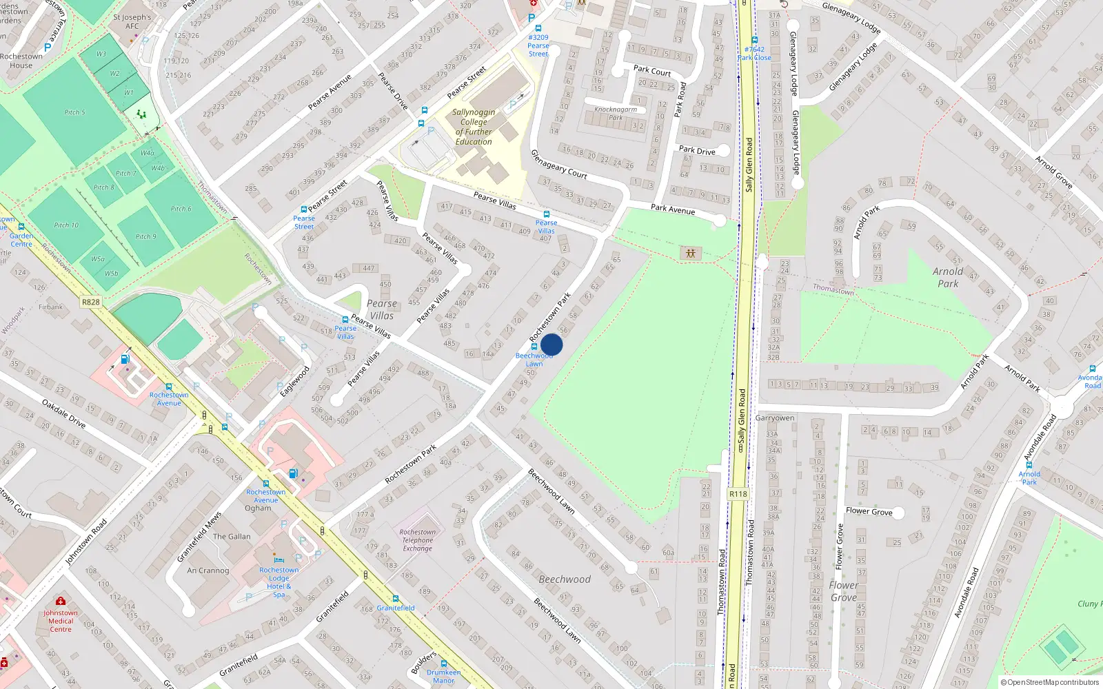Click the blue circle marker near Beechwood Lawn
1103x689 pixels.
coord(551,344)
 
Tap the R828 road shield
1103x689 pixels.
coord(90,302)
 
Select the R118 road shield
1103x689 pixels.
coord(738,494)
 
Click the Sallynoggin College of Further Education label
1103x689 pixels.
coord(474,127)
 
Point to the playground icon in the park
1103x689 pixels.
coord(690,254)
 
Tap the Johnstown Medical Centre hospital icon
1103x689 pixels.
coord(61,601)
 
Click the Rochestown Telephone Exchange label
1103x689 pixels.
coord(417,540)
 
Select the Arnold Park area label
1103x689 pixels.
coord(948,277)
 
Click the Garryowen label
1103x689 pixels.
coord(774,418)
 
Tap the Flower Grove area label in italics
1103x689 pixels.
coord(843,591)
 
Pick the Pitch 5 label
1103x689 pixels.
coord(74,112)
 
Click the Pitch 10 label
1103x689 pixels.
coord(66,225)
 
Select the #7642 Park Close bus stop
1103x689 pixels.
coord(754,50)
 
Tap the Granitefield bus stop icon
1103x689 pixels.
coord(396,599)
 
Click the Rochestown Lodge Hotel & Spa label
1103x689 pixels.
coord(279,582)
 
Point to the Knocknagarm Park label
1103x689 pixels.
coord(616,113)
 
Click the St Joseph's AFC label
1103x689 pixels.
coord(132,21)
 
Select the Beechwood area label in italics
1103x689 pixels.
coord(565,579)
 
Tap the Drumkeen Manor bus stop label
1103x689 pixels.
coord(443,676)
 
